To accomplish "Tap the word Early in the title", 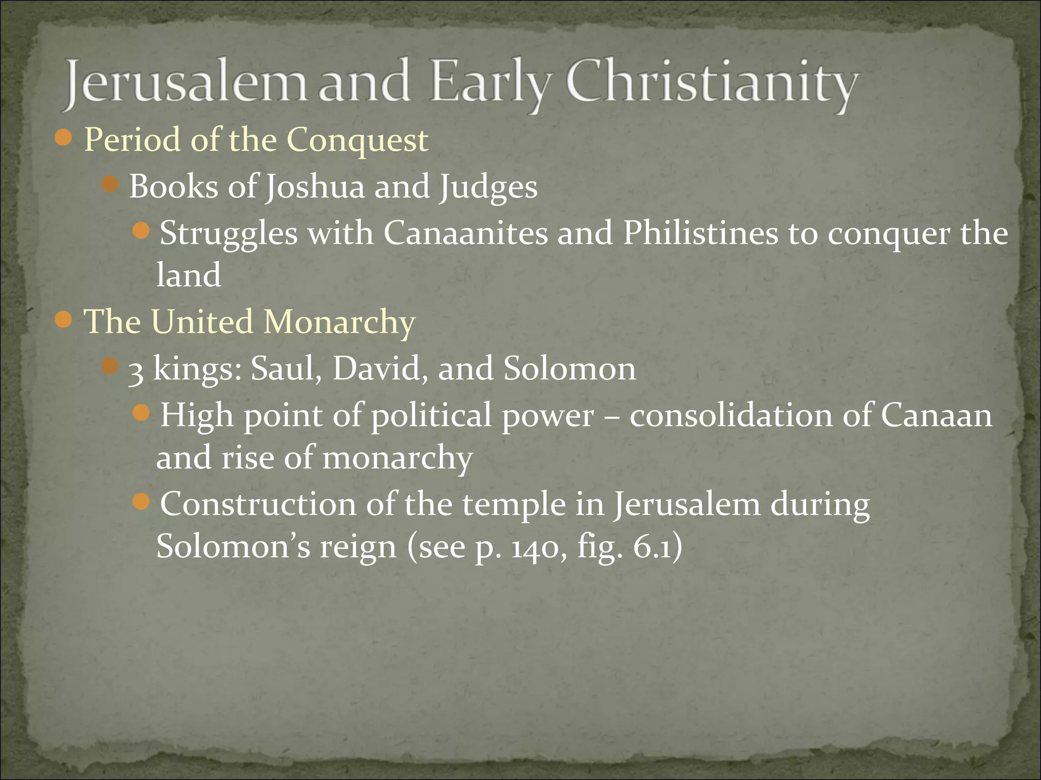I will (490, 85).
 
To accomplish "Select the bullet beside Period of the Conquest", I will (64, 138).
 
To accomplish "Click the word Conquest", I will (357, 140).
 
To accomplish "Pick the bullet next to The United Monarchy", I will (64, 320).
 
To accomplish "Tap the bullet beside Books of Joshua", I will (109, 185).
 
